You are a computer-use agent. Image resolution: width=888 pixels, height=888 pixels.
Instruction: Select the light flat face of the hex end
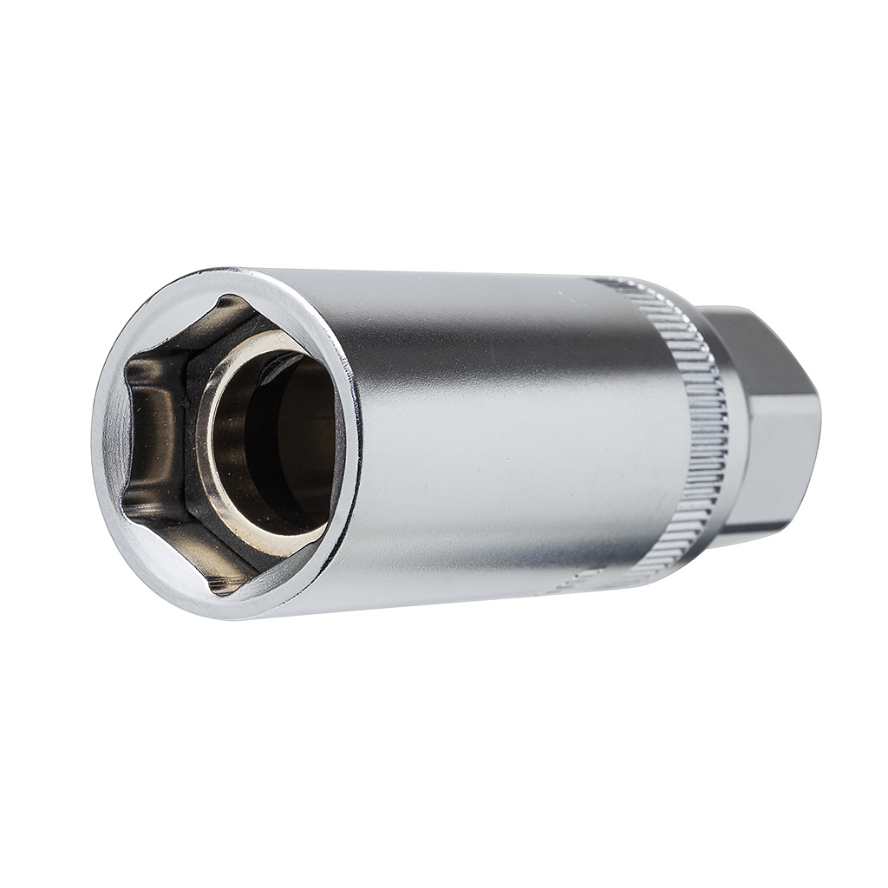click(x=772, y=460)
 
